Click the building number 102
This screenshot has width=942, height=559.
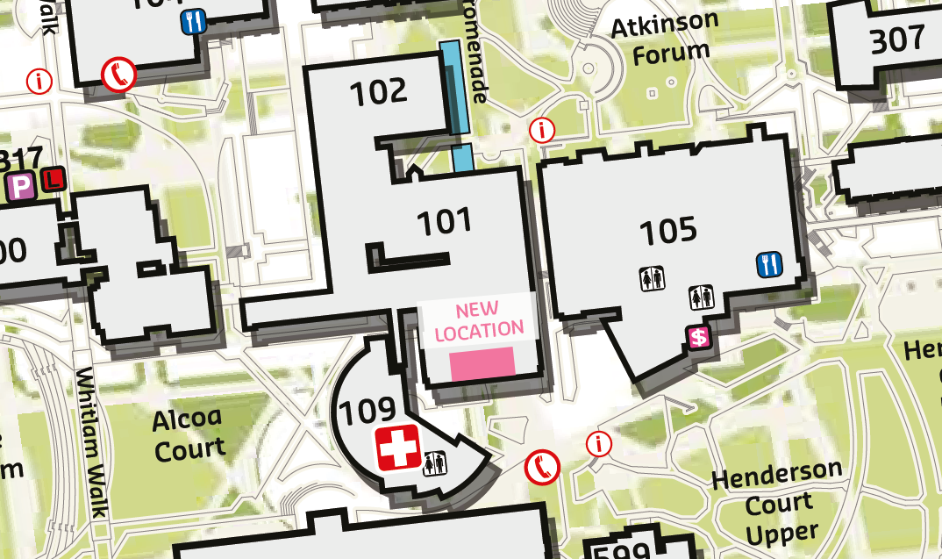click(379, 91)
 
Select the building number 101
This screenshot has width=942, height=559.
click(444, 222)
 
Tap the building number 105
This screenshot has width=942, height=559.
click(667, 231)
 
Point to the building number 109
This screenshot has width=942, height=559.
click(368, 410)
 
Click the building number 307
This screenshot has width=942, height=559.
click(897, 39)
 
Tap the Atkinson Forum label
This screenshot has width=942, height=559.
click(664, 38)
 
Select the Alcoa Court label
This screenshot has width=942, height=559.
click(189, 434)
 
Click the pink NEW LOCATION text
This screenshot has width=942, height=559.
click(478, 319)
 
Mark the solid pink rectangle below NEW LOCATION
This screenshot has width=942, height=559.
click(482, 363)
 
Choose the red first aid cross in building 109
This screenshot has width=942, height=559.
click(398, 448)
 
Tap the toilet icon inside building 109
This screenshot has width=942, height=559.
click(435, 462)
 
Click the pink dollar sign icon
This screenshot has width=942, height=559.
click(699, 337)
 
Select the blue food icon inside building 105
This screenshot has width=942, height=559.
click(768, 264)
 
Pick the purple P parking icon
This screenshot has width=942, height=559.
click(18, 185)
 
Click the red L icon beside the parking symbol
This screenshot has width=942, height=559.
click(54, 179)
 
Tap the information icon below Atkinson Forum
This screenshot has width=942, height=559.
click(544, 131)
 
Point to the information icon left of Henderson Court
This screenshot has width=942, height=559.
click(598, 443)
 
